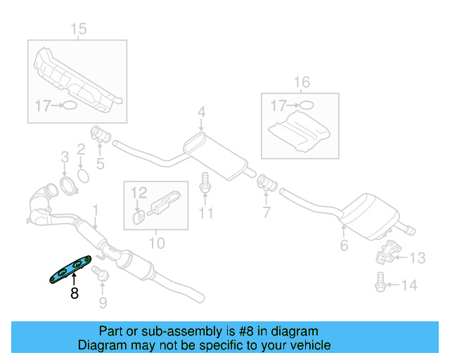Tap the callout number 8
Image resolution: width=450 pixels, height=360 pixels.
(x=75, y=295)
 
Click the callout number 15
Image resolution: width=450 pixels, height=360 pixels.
(x=78, y=29)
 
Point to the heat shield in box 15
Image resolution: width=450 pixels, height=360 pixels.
(x=78, y=77)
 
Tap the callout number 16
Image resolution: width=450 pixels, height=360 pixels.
(x=301, y=83)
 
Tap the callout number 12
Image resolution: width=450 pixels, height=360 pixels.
(x=139, y=191)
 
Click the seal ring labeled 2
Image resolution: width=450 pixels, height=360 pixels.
(x=82, y=174)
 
